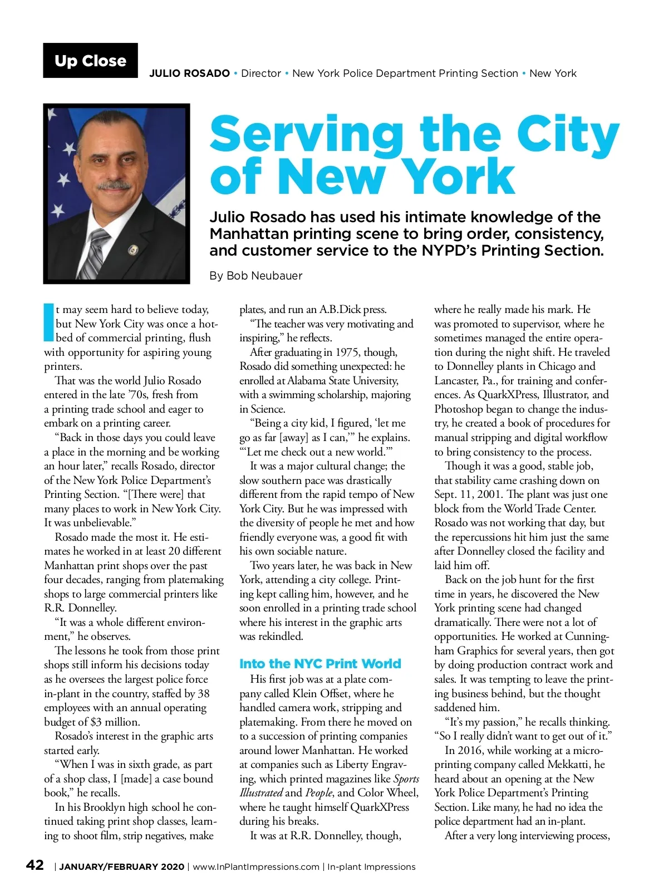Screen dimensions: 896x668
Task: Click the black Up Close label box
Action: pyautogui.click(x=90, y=61)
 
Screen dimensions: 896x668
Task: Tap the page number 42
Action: pyautogui.click(x=35, y=865)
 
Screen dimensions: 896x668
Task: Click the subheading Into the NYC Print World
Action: pyautogui.click(x=320, y=664)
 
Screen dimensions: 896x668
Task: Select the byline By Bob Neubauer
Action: pyautogui.click(x=256, y=276)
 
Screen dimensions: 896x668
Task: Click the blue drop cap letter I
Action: pyautogui.click(x=49, y=322)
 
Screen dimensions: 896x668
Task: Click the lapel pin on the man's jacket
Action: pyautogui.click(x=132, y=249)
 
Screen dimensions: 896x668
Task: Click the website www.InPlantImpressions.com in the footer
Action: pyautogui.click(x=256, y=866)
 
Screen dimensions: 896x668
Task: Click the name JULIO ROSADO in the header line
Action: pyautogui.click(x=189, y=74)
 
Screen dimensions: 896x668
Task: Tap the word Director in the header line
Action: pyautogui.click(x=261, y=74)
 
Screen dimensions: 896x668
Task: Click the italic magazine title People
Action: pyautogui.click(x=319, y=793)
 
